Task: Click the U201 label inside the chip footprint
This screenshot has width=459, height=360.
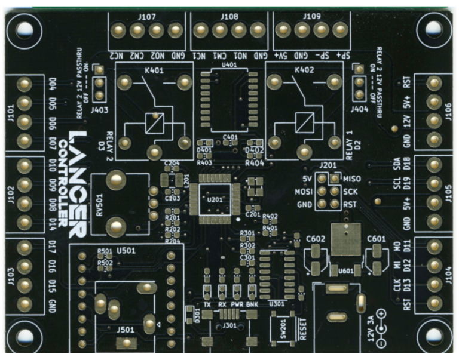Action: pyautogui.click(x=213, y=201)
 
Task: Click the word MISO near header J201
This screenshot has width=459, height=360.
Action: pyautogui.click(x=354, y=179)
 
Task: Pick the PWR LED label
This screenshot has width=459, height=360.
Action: pyautogui.click(x=237, y=305)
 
